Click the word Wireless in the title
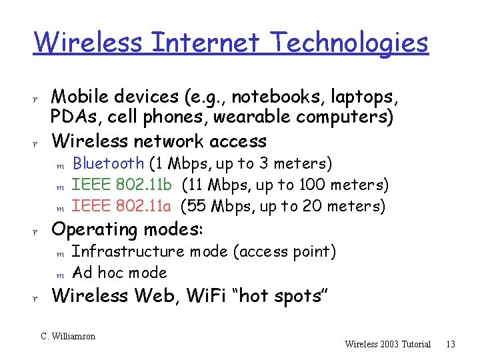[x=87, y=43]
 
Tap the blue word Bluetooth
[x=108, y=163]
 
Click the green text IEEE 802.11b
[x=121, y=185]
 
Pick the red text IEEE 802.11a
[x=121, y=206]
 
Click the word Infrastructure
[x=128, y=251]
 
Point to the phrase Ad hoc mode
[x=119, y=273]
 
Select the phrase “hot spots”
[x=286, y=295]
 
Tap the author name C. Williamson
[x=68, y=336]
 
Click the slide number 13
[x=450, y=344]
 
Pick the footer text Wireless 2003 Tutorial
[x=388, y=344]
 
